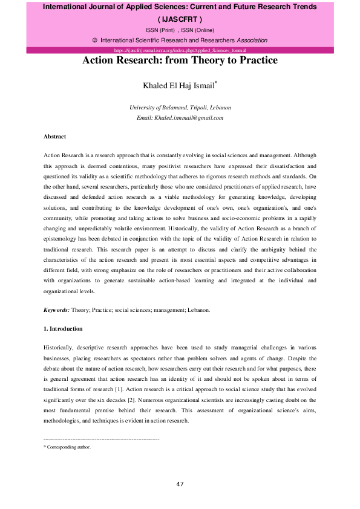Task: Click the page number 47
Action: coord(180,484)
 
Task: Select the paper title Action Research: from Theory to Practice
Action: coord(180,60)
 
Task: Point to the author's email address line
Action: coord(180,118)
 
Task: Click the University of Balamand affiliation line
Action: coord(180,108)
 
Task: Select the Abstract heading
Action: coord(55,137)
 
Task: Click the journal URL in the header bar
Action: coord(180,50)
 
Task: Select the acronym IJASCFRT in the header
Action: coord(180,18)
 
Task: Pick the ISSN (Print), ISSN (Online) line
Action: coord(180,29)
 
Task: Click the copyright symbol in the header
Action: coord(95,40)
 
